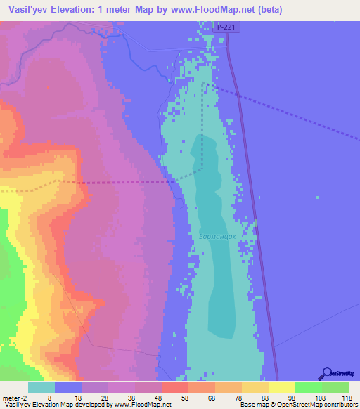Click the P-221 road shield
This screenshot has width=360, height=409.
click(x=225, y=27)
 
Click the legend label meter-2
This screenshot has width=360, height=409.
click(x=16, y=398)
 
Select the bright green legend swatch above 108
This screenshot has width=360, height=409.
click(x=308, y=387)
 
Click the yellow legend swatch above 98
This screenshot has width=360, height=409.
click(x=281, y=387)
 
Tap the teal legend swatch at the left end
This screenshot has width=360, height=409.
click(x=41, y=387)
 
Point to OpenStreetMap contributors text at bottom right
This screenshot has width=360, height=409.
click(x=323, y=405)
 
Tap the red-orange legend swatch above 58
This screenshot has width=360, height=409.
click(x=174, y=387)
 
